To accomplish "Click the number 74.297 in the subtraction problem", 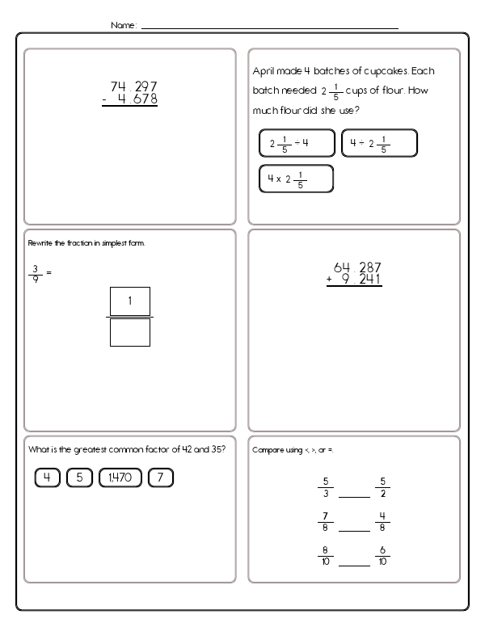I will click(x=133, y=87).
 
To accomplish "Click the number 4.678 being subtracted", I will click(x=137, y=100).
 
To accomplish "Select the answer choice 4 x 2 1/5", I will click(x=296, y=179).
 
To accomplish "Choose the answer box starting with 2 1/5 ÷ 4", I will click(x=296, y=143).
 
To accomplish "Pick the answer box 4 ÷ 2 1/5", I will click(x=378, y=143).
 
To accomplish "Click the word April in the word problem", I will click(x=266, y=70).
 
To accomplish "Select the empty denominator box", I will click(x=129, y=331).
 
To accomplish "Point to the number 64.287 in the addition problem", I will click(x=357, y=267).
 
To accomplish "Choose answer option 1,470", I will click(x=120, y=478).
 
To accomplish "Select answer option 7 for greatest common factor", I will click(x=161, y=478).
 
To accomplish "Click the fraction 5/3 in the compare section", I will click(x=324, y=487).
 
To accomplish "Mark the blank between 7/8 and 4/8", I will click(x=353, y=530).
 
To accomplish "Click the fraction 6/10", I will click(x=382, y=557).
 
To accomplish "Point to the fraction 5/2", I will click(x=382, y=487).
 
